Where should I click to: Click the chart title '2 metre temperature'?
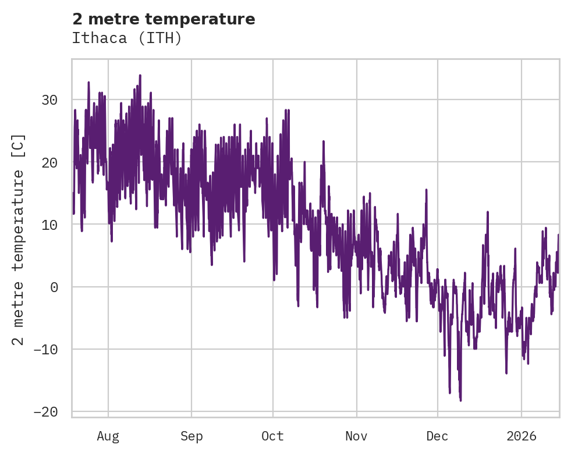click(x=164, y=19)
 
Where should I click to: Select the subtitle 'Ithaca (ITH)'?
click(x=127, y=38)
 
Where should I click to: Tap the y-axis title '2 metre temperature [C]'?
click(x=19, y=239)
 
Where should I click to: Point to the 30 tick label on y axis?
click(x=49, y=100)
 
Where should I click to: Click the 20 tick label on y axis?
click(x=49, y=162)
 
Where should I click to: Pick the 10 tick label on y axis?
click(x=49, y=225)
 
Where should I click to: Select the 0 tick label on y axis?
click(x=54, y=287)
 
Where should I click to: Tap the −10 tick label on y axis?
click(x=45, y=349)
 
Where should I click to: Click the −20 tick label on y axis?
click(x=45, y=411)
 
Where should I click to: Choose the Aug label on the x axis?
click(x=108, y=436)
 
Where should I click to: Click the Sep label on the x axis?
click(x=191, y=436)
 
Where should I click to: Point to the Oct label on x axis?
click(x=272, y=436)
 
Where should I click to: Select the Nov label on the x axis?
click(x=356, y=436)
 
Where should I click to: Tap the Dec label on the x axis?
click(x=437, y=436)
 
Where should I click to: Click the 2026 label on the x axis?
click(x=522, y=436)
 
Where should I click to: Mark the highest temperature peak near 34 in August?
click(x=140, y=75)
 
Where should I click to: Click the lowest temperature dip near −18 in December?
click(x=460, y=400)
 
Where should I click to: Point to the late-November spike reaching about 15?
click(x=427, y=190)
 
